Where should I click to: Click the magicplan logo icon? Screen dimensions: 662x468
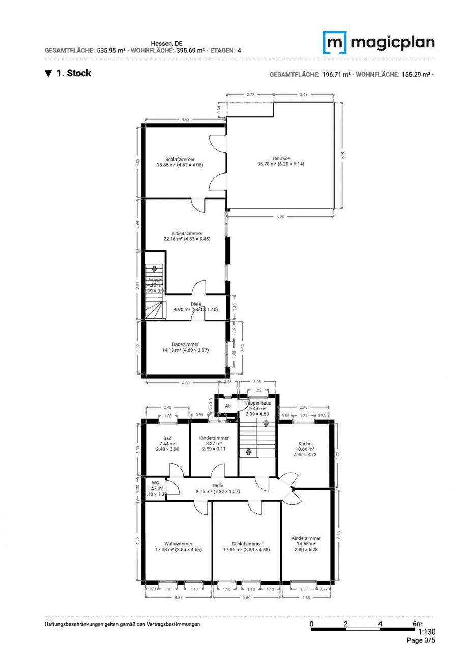pyautogui.click(x=335, y=42)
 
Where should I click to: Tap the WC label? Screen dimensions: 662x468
pyautogui.click(x=155, y=482)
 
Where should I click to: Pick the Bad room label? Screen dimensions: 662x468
pyautogui.click(x=167, y=438)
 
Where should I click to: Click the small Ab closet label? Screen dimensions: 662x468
pyautogui.click(x=228, y=406)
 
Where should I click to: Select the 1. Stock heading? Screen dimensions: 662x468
pyautogui.click(x=73, y=73)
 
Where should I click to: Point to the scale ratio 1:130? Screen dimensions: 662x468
pyautogui.click(x=426, y=632)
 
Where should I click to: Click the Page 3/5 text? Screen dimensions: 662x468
pyautogui.click(x=421, y=640)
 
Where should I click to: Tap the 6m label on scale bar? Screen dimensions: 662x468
pyautogui.click(x=417, y=624)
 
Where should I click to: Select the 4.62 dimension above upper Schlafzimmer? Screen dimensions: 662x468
pyautogui.click(x=186, y=119)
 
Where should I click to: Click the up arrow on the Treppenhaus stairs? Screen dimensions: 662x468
pyautogui.click(x=249, y=451)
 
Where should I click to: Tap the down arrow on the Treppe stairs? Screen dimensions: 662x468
pyautogui.click(x=154, y=269)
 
